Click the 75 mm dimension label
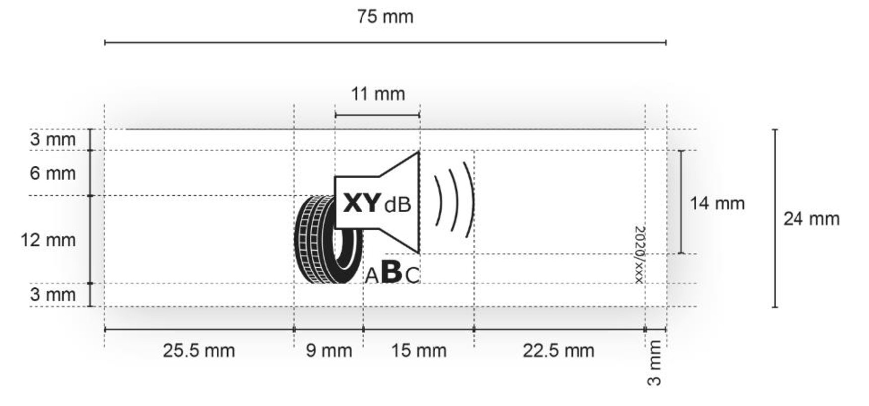click(385, 17)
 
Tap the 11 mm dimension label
click(378, 94)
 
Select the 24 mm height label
click(811, 219)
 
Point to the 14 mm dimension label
click(717, 203)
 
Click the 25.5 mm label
click(199, 351)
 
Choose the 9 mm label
click(329, 351)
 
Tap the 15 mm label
click(419, 351)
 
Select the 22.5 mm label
click(558, 351)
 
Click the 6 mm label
click(53, 173)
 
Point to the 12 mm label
click(48, 240)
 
